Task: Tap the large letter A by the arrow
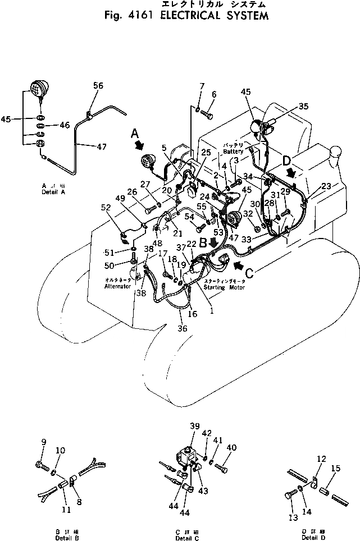135,133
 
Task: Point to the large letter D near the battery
286,161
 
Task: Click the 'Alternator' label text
117,286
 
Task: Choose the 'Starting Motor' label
220,287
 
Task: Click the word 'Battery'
234,152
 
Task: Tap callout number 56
98,85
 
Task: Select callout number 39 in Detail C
195,428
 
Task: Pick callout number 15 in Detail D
335,469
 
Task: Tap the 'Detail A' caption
53,191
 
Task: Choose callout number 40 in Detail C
231,447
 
